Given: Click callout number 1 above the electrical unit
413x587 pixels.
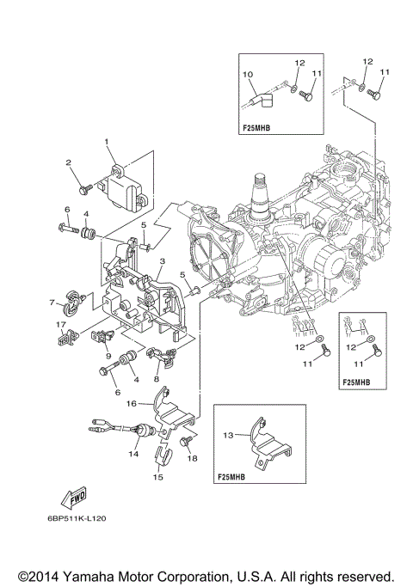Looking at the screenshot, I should click(x=108, y=141).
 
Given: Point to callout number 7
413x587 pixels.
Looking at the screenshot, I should click(x=52, y=302).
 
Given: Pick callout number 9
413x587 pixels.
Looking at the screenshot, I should click(x=108, y=355).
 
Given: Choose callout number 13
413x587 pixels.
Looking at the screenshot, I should click(x=228, y=435).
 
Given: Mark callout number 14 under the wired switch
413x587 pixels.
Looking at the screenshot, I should click(x=133, y=453).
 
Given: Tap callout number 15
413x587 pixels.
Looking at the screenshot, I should click(x=157, y=476).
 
